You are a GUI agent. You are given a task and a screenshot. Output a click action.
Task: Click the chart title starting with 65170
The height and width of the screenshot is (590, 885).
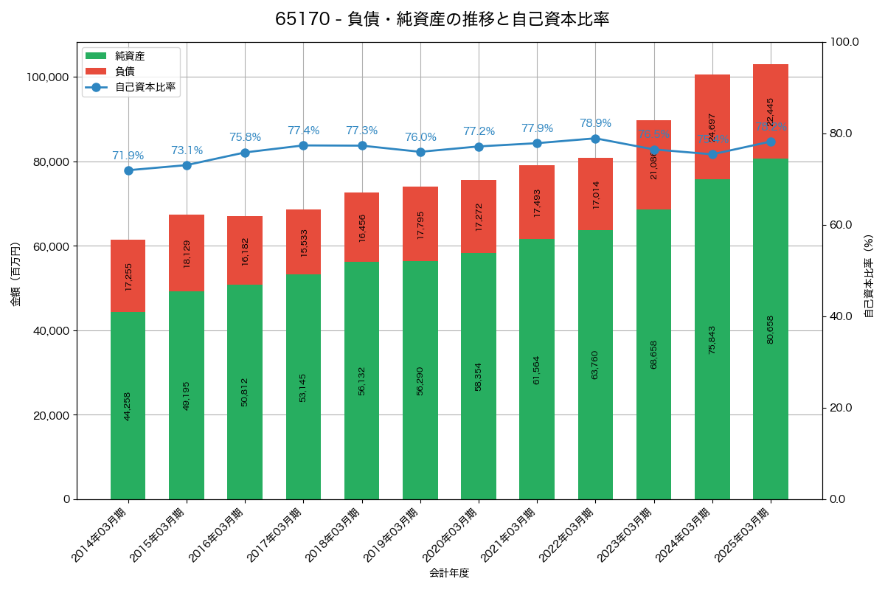(x=442, y=19)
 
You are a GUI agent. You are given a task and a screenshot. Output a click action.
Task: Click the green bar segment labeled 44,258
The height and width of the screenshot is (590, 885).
(x=128, y=406)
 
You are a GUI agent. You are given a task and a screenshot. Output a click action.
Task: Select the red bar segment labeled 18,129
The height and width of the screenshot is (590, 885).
(x=187, y=253)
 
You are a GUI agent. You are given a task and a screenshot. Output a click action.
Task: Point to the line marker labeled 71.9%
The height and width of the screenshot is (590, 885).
(x=128, y=170)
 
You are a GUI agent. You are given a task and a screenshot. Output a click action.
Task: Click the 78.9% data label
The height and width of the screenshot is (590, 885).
(x=595, y=123)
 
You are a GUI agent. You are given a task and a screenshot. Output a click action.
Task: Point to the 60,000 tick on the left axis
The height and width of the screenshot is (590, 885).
(x=51, y=246)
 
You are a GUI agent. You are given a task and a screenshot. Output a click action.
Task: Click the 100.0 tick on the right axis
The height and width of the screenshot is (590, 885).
(x=844, y=42)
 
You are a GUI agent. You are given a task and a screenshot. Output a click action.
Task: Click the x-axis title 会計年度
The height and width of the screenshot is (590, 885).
(x=449, y=573)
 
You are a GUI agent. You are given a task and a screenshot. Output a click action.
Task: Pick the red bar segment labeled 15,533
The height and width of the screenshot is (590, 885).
(x=303, y=242)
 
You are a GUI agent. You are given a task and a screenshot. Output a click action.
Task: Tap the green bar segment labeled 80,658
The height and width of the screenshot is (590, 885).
(x=771, y=329)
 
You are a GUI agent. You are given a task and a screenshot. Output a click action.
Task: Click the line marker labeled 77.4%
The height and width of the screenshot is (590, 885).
(x=303, y=145)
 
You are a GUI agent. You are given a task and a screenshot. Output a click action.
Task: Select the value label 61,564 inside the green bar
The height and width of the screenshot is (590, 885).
(x=537, y=369)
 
